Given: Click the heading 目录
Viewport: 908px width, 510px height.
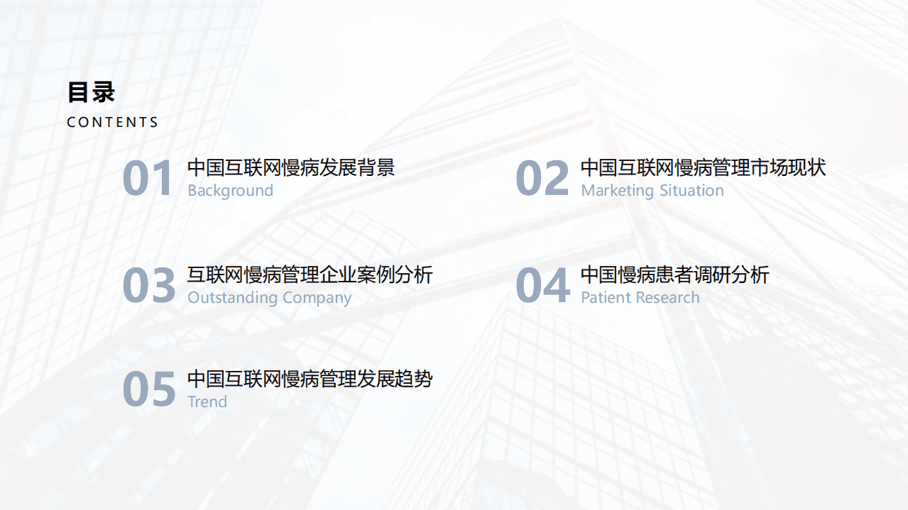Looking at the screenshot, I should click(91, 92).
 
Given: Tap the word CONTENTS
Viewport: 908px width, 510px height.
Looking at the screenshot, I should click(112, 122).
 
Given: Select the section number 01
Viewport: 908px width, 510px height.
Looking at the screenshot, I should click(148, 179).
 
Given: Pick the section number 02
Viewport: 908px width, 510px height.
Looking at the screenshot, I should click(542, 179).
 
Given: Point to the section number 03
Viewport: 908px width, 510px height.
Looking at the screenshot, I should click(148, 285).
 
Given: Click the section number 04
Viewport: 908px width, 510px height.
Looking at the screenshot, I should click(542, 285).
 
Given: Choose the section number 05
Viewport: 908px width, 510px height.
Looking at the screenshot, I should click(148, 389).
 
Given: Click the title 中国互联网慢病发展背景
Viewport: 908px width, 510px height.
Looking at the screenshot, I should click(291, 168).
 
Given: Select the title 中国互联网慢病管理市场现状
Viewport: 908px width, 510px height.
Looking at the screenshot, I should click(703, 168).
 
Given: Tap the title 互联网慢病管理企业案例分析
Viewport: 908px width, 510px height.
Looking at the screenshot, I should click(310, 275).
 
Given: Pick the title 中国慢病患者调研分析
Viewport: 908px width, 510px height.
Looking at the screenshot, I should click(674, 275).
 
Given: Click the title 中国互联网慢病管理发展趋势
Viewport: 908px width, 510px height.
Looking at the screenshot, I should click(310, 379).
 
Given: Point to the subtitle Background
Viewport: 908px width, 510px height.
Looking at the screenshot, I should click(230, 190).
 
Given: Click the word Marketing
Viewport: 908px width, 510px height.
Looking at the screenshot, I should click(617, 190).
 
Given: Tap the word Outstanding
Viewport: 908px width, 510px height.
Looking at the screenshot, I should click(226, 297).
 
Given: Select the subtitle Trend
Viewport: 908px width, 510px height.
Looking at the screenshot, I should click(207, 401).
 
